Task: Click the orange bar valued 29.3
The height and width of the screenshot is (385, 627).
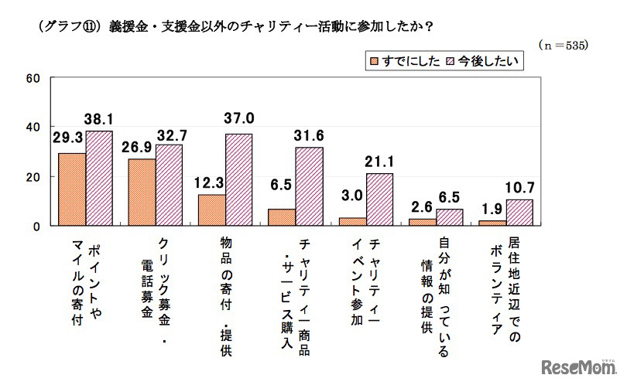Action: tap(72, 189)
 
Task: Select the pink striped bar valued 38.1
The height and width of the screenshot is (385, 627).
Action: tap(99, 179)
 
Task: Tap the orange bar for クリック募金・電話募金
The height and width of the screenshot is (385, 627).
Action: tap(142, 192)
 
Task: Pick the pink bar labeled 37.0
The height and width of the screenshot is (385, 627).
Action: tap(239, 180)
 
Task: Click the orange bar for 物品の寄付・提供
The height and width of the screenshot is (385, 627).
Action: tap(211, 210)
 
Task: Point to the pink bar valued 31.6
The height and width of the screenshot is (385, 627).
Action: tap(308, 186)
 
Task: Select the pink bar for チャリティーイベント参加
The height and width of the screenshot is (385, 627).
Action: tap(379, 199)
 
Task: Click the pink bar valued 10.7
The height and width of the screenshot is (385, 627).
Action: tap(517, 213)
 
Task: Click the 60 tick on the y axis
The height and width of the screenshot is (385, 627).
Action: tap(33, 78)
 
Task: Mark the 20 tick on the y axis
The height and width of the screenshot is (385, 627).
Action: tap(33, 177)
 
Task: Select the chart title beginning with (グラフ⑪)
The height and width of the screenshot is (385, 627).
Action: tap(232, 26)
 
